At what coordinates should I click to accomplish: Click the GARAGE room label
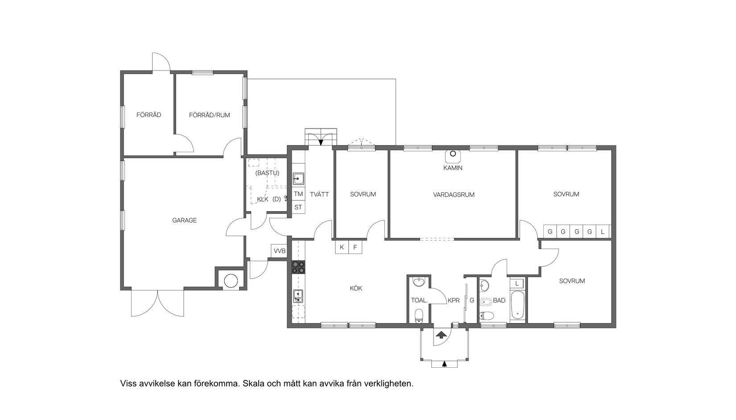pyautogui.click(x=184, y=220)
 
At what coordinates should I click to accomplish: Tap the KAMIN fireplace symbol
pyautogui.click(x=453, y=154)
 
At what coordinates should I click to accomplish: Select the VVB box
pyautogui.click(x=279, y=251)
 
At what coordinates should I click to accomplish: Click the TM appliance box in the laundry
pyautogui.click(x=298, y=194)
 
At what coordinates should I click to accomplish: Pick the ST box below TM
pyautogui.click(x=298, y=207)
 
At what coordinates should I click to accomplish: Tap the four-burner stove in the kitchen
pyautogui.click(x=298, y=267)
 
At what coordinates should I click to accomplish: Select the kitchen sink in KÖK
pyautogui.click(x=298, y=295)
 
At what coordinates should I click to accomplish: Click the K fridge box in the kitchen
pyautogui.click(x=342, y=247)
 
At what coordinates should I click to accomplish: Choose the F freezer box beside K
pyautogui.click(x=355, y=247)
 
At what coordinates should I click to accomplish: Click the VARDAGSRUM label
pyautogui.click(x=453, y=195)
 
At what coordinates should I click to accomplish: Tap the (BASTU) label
pyautogui.click(x=267, y=173)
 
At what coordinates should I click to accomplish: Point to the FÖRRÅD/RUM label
pyautogui.click(x=209, y=115)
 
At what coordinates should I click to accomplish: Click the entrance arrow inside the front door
pyautogui.click(x=441, y=335)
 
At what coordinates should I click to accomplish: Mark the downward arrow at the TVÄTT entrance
pyautogui.click(x=321, y=142)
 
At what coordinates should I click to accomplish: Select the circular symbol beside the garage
pyautogui.click(x=231, y=281)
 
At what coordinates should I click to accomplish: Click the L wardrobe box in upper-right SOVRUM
pyautogui.click(x=603, y=232)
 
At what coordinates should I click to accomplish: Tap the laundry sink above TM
pyautogui.click(x=298, y=179)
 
